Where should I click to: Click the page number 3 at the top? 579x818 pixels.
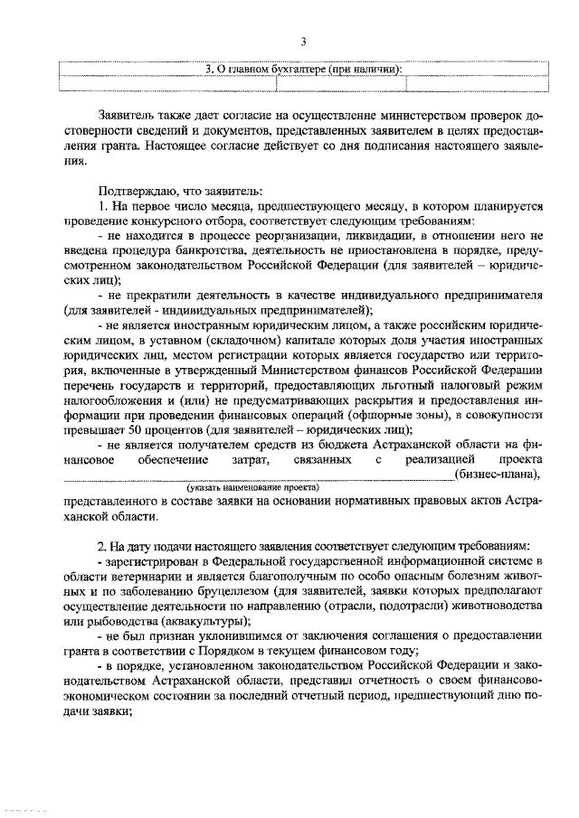[304, 42]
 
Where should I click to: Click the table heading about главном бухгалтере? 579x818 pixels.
[304, 68]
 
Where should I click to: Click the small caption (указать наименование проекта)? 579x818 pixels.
[255, 487]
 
